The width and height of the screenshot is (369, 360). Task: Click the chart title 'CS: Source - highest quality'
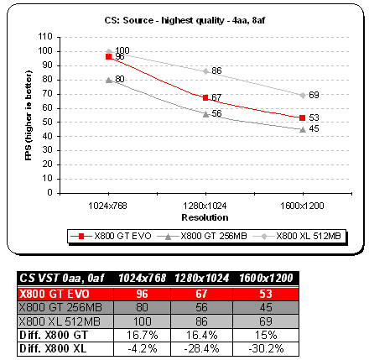(164, 21)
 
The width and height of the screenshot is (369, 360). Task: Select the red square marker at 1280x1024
(205, 97)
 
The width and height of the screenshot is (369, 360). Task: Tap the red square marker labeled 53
(302, 117)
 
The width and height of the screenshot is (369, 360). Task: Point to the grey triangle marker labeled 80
(109, 80)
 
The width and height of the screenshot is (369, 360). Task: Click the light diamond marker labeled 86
(206, 71)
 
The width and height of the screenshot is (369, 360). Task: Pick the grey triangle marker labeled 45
(303, 129)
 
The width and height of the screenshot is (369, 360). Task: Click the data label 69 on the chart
(314, 95)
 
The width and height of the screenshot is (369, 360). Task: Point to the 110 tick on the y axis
(45, 37)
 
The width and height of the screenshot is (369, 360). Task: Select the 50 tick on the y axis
(48, 122)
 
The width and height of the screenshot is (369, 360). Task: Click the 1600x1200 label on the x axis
(302, 206)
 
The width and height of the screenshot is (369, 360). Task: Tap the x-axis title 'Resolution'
(205, 217)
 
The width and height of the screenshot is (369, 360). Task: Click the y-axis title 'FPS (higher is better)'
(29, 115)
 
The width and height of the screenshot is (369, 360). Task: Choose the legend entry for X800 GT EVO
(111, 236)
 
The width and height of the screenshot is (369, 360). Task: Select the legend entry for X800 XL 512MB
(297, 236)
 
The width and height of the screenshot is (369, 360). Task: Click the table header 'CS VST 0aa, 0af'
(61, 279)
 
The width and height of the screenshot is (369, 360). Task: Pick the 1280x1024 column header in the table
(202, 279)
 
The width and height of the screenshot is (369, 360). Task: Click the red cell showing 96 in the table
(143, 294)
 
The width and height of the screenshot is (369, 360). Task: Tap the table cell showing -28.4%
(201, 348)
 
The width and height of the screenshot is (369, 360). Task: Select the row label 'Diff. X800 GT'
(54, 335)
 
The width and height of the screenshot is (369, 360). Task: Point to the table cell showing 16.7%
(143, 335)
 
